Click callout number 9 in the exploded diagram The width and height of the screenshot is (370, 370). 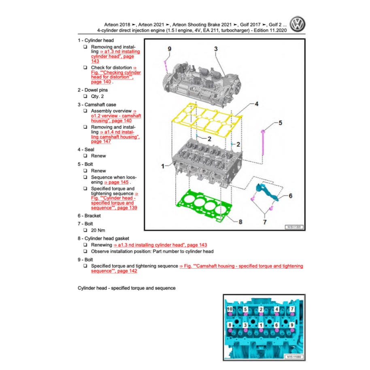pos(170,49)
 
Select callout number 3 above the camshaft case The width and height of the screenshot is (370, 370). pos(216,49)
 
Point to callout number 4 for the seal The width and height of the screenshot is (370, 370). pos(256,104)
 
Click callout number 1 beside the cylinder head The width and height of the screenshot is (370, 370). pos(163,166)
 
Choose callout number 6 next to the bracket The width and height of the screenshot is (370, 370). pos(290,196)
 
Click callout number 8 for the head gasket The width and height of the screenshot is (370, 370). pos(240,221)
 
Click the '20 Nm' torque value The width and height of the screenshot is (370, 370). pos(98,230)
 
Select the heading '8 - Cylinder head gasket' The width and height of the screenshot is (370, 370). pos(103,238)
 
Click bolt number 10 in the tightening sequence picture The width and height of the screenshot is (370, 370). pos(230,309)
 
